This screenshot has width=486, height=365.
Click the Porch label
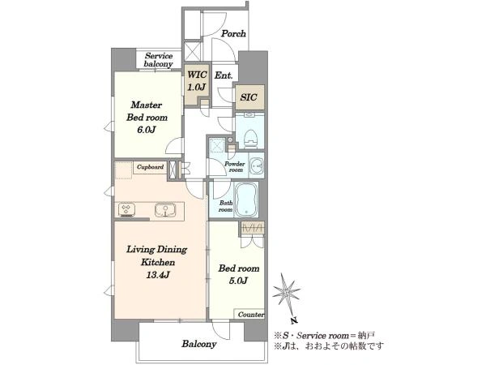(233, 33)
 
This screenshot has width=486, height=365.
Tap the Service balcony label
(159, 60)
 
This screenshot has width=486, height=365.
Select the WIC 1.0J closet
(197, 84)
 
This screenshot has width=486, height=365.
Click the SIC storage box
(249, 97)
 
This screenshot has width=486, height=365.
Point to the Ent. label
(224, 75)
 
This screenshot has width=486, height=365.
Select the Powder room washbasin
(257, 165)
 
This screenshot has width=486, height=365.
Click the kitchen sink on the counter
(165, 210)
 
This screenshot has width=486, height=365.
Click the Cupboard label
(150, 167)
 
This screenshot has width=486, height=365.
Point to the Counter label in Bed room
(251, 315)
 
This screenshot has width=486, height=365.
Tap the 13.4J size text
(158, 275)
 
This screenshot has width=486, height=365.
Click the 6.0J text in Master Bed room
(147, 130)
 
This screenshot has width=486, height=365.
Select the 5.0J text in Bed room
(238, 281)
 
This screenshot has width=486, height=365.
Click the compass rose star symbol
(286, 291)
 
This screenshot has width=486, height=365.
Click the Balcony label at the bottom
(199, 344)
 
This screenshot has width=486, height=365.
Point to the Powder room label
(235, 167)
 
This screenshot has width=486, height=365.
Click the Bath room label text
(226, 206)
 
